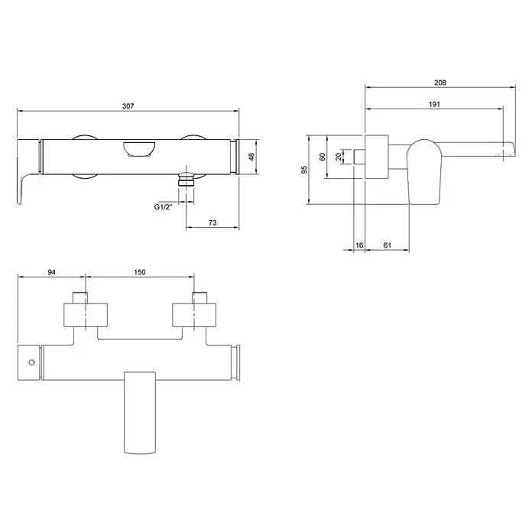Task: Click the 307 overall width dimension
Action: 128,106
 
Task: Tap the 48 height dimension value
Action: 251,157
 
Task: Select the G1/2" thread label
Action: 163,206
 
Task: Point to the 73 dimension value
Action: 212,222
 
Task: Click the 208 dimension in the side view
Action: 440,83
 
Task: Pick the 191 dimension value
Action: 434,104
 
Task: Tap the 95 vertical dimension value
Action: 304,170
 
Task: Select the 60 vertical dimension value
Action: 323,157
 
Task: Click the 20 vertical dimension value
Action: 339,157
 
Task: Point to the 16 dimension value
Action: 359,245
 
